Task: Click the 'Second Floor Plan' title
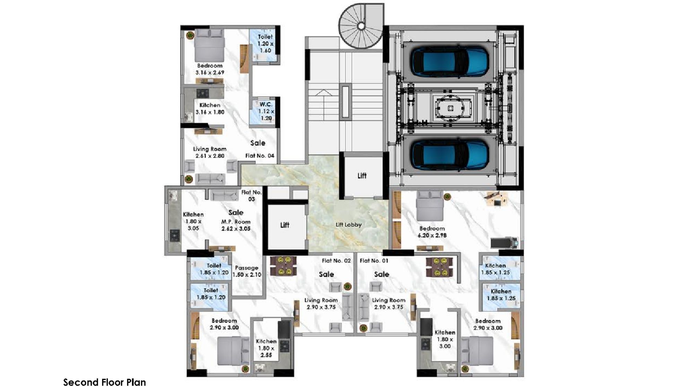tap(104, 382)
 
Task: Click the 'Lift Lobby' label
tap(348, 225)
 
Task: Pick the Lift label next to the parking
tap(362, 176)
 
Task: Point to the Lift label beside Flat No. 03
tap(285, 225)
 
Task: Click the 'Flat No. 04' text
tap(260, 156)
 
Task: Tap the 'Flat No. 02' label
tap(336, 261)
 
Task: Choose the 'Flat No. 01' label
tap(374, 261)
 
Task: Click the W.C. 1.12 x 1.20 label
tap(266, 111)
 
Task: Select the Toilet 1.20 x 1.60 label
tap(266, 43)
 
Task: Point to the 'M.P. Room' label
tap(236, 222)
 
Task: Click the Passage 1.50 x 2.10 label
tap(247, 271)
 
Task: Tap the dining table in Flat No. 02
tap(283, 266)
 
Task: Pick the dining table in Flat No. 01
tap(439, 266)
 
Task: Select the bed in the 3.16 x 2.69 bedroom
tap(209, 45)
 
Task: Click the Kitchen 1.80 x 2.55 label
tap(266, 348)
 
